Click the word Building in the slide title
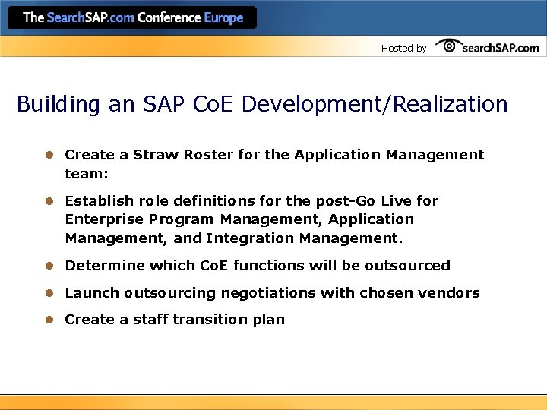click(x=58, y=104)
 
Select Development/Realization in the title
click(x=375, y=104)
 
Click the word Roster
click(x=207, y=155)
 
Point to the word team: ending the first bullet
click(x=87, y=173)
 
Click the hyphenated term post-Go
click(x=338, y=201)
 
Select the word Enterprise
click(x=102, y=219)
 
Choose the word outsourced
click(x=410, y=266)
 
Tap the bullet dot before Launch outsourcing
click(x=48, y=293)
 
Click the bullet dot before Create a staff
click(x=48, y=320)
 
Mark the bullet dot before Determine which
click(x=48, y=266)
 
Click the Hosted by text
click(x=403, y=49)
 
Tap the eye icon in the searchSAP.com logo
click(x=449, y=46)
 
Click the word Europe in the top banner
click(x=223, y=17)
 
